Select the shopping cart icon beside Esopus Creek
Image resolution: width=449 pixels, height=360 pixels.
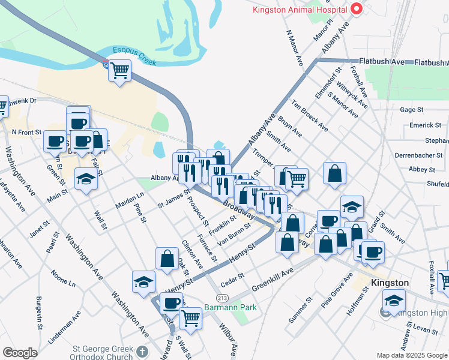(119, 71)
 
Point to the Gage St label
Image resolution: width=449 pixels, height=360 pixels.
(412, 110)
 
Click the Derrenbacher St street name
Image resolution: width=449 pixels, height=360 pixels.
(418, 155)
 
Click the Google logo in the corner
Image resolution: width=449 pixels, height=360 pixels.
(20, 353)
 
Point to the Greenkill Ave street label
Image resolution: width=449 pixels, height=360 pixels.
(273, 278)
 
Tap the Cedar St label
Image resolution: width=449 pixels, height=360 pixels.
(233, 280)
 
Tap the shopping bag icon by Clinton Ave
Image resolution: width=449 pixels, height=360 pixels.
(167, 259)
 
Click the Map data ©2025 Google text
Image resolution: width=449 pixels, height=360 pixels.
(412, 355)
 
